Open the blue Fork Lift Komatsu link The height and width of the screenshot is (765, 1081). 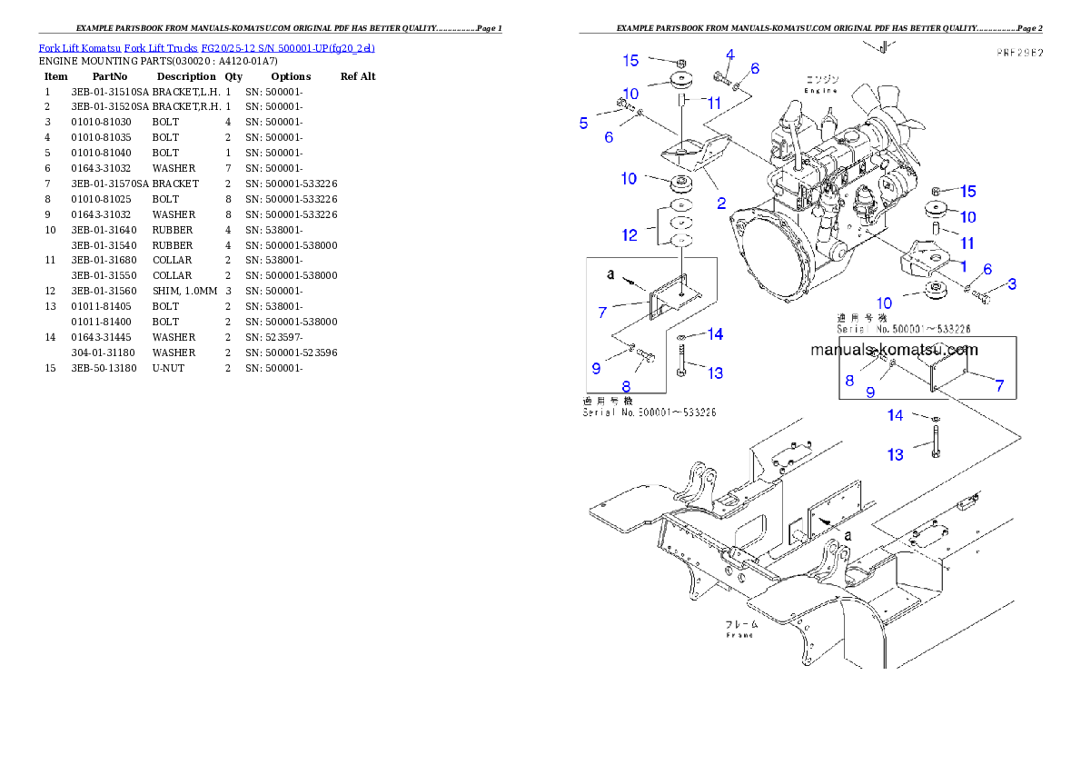pos(206,47)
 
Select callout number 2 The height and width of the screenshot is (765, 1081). pos(721,204)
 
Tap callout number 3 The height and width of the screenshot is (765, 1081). pos(1012,283)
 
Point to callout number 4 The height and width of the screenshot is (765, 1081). pos(729,55)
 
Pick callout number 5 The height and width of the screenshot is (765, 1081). pos(584,122)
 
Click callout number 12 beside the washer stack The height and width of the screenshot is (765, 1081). pos(629,235)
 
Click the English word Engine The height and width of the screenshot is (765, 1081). pos(820,91)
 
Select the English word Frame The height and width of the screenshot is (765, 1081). pos(740,635)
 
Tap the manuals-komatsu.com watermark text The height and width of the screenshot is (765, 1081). pos(894,350)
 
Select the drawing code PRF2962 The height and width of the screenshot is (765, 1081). pos(1017,54)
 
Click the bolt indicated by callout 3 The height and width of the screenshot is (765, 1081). pos(981,293)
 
